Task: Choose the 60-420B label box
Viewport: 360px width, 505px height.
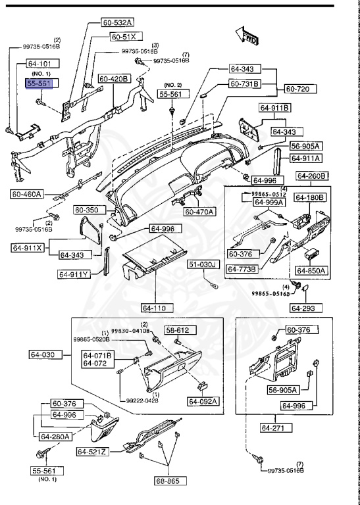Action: pyautogui.click(x=115, y=79)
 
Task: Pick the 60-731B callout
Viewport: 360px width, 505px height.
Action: pyautogui.click(x=245, y=84)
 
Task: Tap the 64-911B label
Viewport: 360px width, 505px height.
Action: pyautogui.click(x=276, y=107)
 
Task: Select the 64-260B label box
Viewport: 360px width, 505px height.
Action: pyautogui.click(x=312, y=176)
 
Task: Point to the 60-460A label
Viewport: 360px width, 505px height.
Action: pyautogui.click(x=27, y=194)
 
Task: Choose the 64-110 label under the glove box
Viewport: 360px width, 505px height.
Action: pyautogui.click(x=155, y=307)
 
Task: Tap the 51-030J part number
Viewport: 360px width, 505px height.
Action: pyautogui.click(x=203, y=264)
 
